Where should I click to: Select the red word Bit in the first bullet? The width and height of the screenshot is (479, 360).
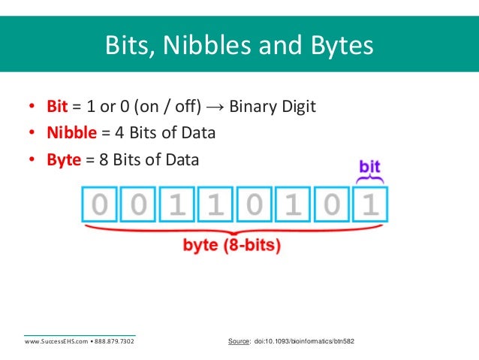57,106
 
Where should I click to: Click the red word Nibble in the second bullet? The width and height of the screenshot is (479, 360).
72,133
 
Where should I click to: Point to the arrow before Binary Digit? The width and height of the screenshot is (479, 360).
215,106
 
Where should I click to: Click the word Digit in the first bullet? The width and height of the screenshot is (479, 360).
298,106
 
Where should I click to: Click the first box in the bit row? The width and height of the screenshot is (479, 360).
100,205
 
